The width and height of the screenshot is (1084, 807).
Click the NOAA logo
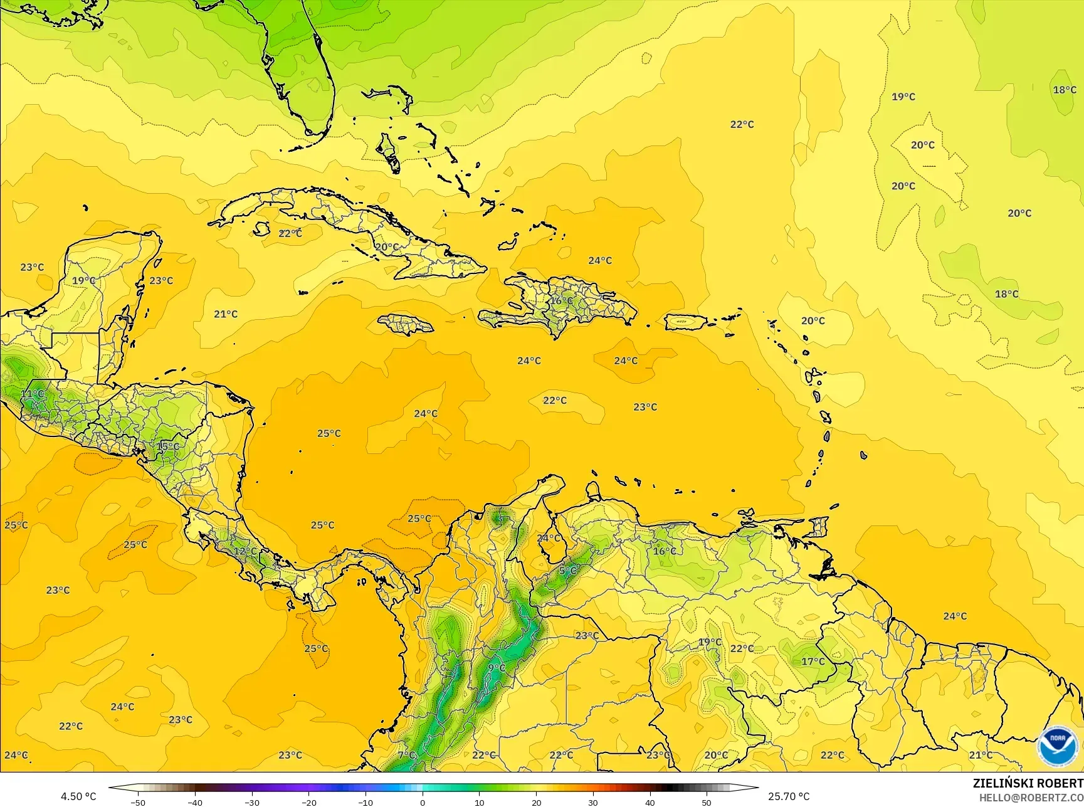(x=1057, y=746)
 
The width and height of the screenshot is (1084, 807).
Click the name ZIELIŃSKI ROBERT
(x=1028, y=784)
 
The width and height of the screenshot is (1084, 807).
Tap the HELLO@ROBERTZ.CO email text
(x=1031, y=798)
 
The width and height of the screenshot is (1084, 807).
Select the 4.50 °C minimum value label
(x=78, y=796)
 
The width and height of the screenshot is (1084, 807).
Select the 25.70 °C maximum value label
(x=789, y=796)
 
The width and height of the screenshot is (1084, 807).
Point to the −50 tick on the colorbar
(x=138, y=802)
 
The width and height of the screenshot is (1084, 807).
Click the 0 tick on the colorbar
(x=423, y=802)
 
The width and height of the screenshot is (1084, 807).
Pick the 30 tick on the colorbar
(x=593, y=802)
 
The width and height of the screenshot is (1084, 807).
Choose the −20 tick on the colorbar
(x=308, y=802)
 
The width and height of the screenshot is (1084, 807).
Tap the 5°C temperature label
(x=568, y=571)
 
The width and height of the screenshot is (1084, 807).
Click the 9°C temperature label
(x=497, y=668)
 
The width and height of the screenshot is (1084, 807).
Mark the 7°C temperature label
(x=406, y=755)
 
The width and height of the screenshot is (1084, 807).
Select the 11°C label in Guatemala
(x=33, y=394)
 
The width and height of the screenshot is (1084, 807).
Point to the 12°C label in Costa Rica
(x=245, y=551)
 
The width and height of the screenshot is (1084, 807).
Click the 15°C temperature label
(x=167, y=446)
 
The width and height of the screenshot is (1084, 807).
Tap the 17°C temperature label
(x=813, y=662)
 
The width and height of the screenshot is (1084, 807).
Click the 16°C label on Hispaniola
(x=562, y=301)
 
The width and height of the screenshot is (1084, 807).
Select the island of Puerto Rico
(x=685, y=322)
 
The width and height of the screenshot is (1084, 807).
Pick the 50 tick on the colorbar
(x=707, y=802)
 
